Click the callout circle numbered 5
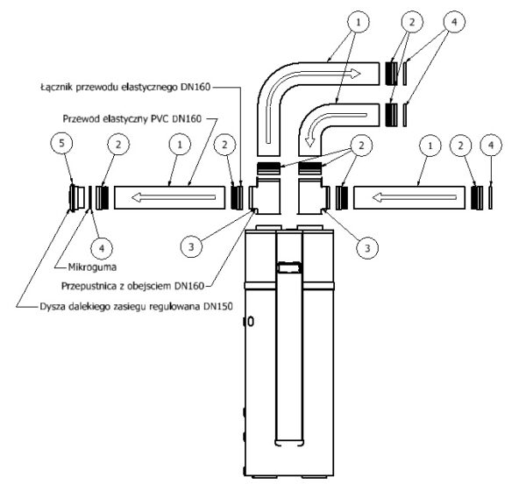click(61, 144)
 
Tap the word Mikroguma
click(93, 267)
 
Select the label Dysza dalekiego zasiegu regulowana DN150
click(136, 307)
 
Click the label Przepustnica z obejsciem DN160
click(133, 286)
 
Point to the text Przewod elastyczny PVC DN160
click(132, 118)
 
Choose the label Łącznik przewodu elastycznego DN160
click(125, 87)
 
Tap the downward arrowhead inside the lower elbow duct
click(309, 142)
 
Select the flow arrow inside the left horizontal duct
click(174, 197)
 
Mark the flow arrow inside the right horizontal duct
click(415, 197)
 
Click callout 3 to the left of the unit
click(191, 247)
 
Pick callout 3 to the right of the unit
click(367, 248)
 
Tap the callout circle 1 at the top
click(359, 22)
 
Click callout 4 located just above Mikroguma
click(102, 248)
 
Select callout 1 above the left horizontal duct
click(180, 145)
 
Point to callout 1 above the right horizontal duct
click(430, 146)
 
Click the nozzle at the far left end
click(77, 198)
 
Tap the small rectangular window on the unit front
click(289, 268)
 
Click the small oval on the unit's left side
click(250, 322)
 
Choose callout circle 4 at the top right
click(454, 22)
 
